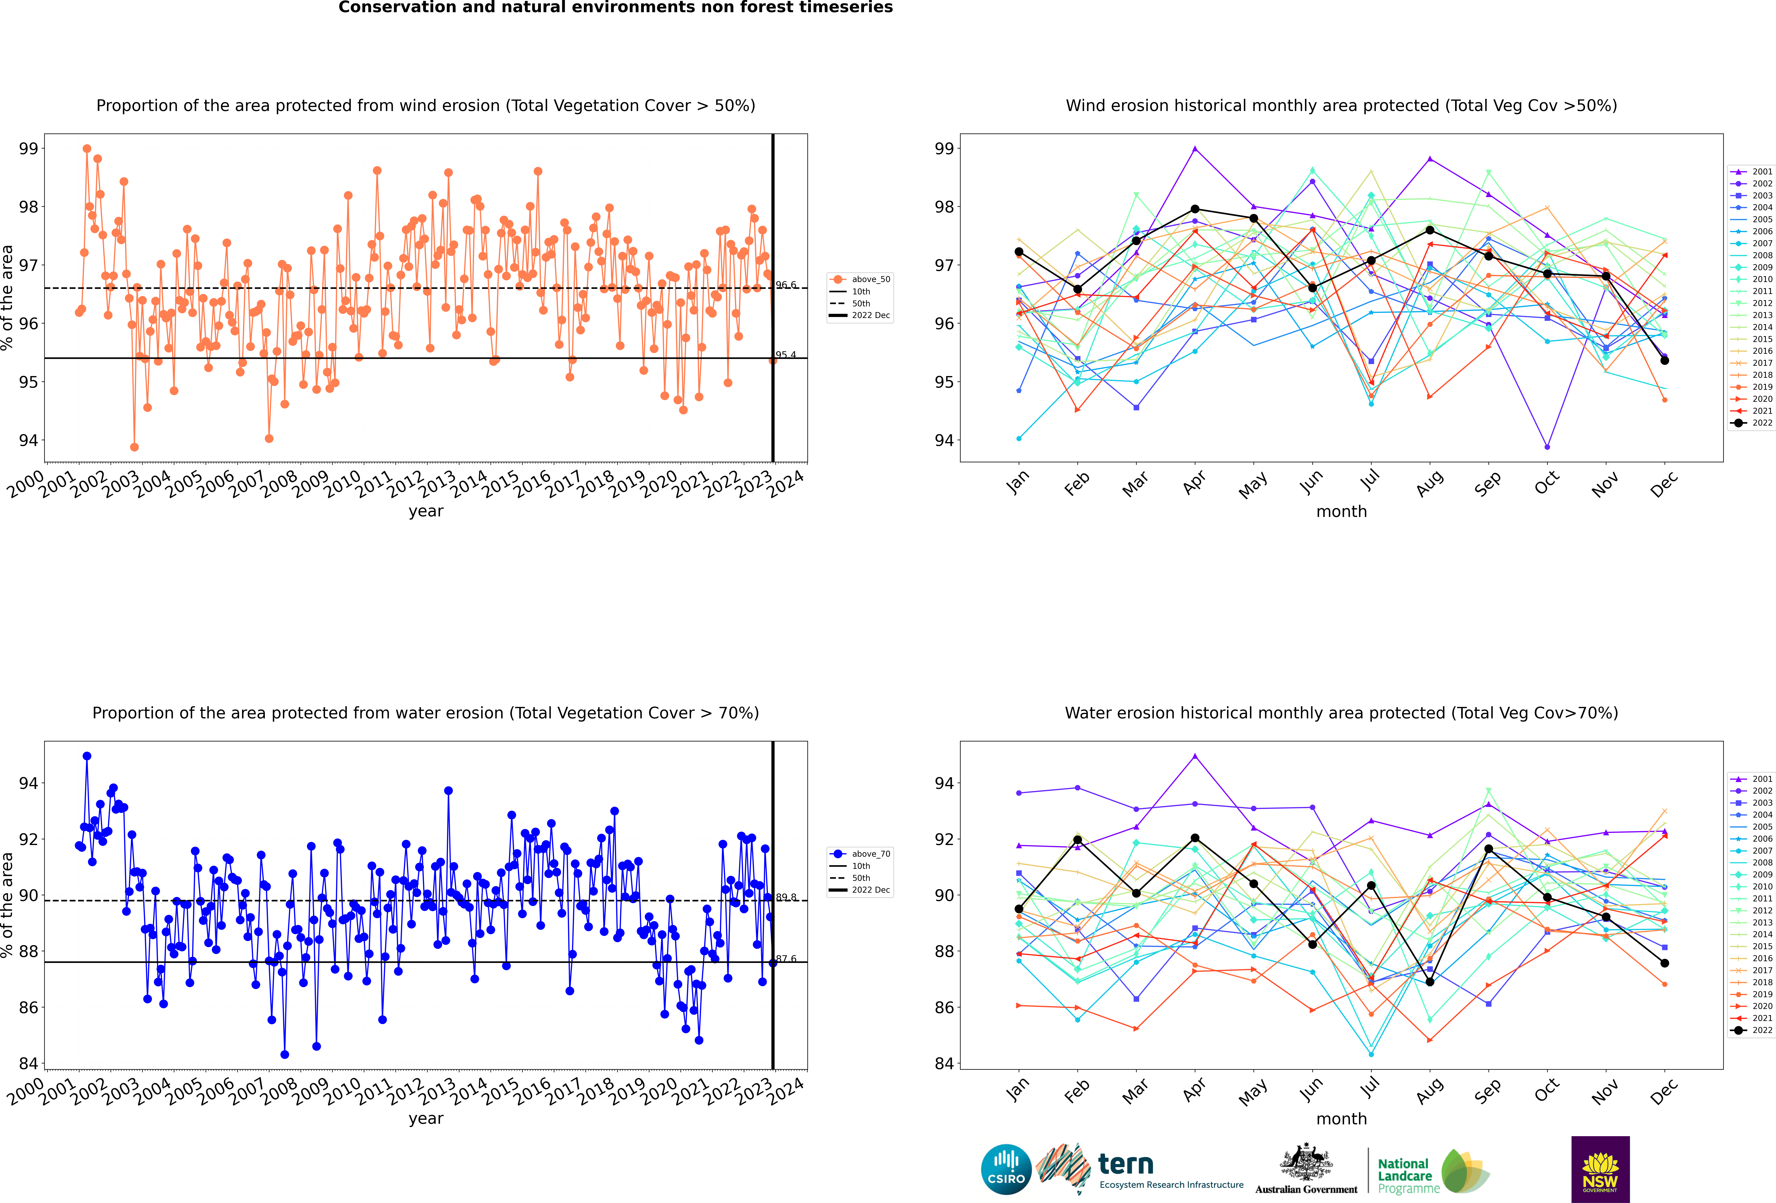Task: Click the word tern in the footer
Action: point(1126,1164)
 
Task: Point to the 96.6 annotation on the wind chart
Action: point(786,285)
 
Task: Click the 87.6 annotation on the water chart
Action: point(786,959)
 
